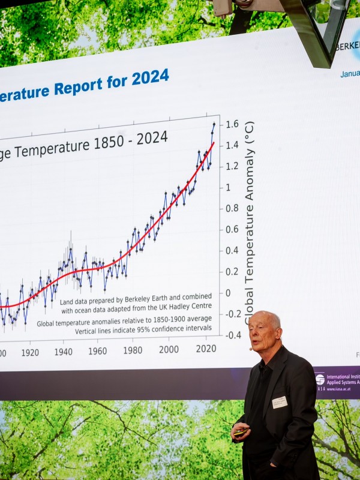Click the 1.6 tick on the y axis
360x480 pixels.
pos(232,124)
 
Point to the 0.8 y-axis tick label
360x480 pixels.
pos(232,208)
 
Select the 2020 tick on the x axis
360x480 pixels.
pos(206,349)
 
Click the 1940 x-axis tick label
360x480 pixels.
pos(63,352)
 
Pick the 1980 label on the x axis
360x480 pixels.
pos(133,350)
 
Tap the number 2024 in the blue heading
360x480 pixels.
pos(150,77)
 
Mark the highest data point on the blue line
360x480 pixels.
pos(213,124)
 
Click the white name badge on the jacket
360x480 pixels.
pos(280,402)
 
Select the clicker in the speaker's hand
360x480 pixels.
pos(241,431)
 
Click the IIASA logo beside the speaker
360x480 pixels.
pos(320,380)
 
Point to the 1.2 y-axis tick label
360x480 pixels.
pos(232,166)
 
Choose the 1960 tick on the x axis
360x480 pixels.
pos(98,351)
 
